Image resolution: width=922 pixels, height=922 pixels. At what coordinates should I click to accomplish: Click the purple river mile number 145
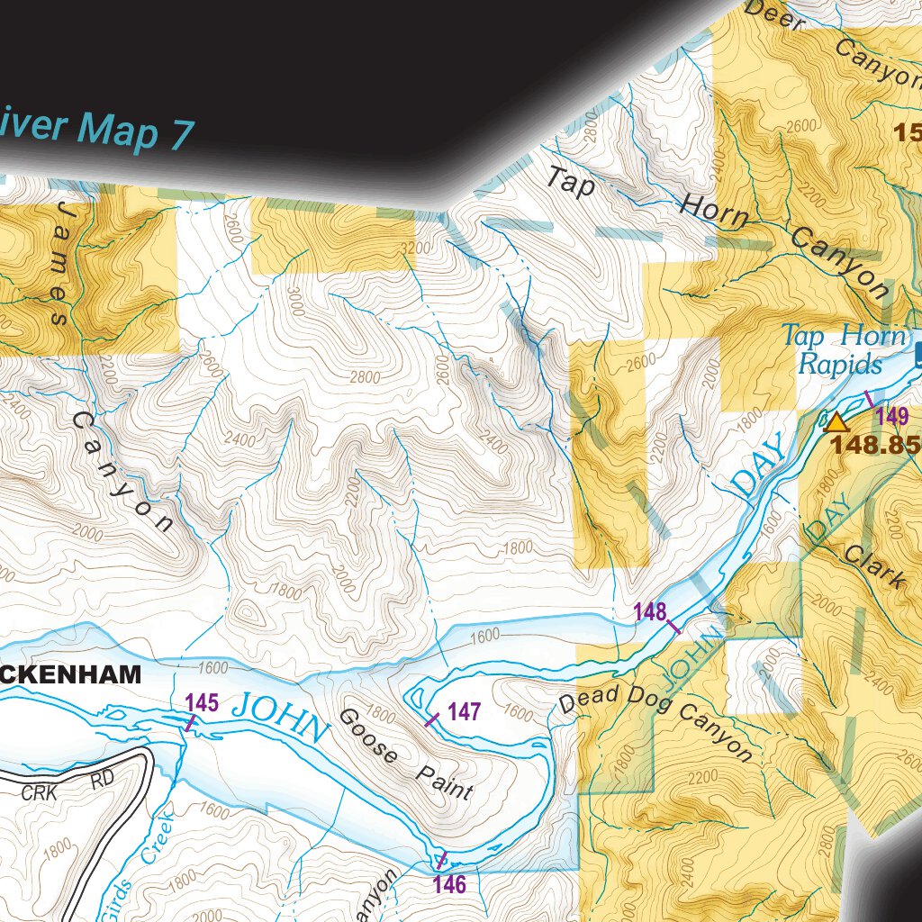tap(202, 703)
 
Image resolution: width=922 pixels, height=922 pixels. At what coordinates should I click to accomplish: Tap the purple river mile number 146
tap(449, 884)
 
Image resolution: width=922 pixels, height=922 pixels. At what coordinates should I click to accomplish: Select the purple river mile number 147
tap(464, 712)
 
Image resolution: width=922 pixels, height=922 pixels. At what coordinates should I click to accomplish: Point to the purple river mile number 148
tap(649, 613)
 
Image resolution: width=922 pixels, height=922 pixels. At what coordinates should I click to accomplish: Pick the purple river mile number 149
tap(892, 416)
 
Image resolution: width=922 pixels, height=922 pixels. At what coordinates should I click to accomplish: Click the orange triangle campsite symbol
tap(837, 423)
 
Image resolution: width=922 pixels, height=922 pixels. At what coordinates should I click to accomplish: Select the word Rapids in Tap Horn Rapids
tap(839, 365)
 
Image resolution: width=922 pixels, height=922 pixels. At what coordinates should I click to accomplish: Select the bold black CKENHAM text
tap(71, 673)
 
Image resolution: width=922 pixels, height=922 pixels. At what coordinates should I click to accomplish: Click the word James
tap(58, 263)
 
